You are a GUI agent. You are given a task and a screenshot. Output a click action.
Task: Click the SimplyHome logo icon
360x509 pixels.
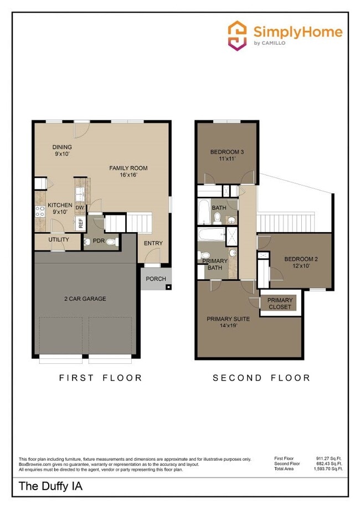[x=238, y=35]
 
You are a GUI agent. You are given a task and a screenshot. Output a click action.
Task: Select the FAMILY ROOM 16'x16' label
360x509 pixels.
[x=128, y=172]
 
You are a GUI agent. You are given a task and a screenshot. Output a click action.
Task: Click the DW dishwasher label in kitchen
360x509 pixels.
[x=80, y=208]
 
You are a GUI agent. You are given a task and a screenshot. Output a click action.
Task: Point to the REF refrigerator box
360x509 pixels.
[x=80, y=224]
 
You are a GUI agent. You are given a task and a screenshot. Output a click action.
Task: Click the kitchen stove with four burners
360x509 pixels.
[x=40, y=211]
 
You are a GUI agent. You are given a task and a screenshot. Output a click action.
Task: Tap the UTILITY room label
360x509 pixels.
[x=58, y=240]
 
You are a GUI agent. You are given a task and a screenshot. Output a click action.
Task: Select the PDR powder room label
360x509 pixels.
[x=99, y=241]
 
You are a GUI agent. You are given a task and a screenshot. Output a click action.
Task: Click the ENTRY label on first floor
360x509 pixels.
[x=153, y=243]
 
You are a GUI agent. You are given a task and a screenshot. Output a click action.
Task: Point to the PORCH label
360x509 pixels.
[x=156, y=279]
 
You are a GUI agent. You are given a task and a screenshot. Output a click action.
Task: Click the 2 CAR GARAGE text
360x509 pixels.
[x=85, y=299]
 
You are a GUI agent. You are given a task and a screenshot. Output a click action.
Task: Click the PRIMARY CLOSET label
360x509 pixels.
[x=280, y=304]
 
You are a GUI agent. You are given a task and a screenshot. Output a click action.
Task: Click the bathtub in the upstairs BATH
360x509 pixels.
[x=204, y=211]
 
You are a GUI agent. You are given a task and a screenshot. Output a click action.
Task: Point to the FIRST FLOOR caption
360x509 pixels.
[x=100, y=378]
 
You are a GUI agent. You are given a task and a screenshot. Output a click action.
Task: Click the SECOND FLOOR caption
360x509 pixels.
[x=261, y=378]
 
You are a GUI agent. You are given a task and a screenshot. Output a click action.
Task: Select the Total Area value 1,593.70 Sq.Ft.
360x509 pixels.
[x=330, y=469]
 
